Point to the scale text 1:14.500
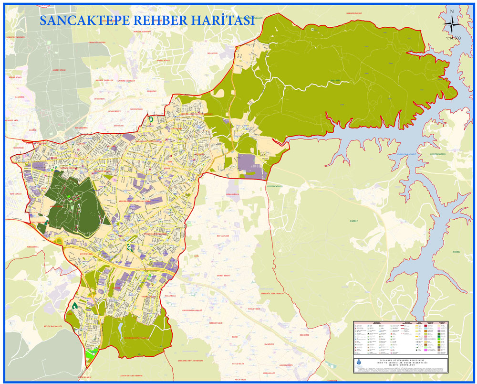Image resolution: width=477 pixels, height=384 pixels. (453, 38)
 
